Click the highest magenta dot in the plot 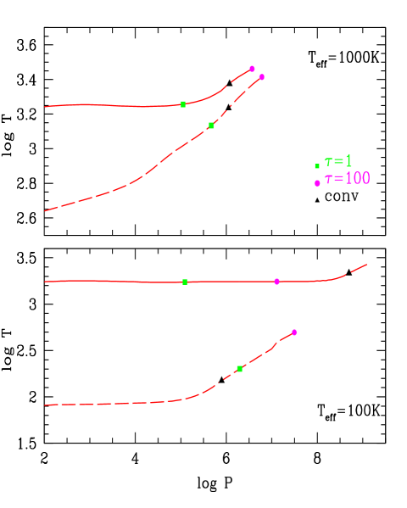coord(252,69)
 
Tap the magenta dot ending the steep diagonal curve coord(261,77)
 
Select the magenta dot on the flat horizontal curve coord(276,282)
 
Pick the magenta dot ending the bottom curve coord(294,332)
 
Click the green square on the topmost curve coord(183,104)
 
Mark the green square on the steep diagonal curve coord(211,126)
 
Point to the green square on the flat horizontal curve coord(185,282)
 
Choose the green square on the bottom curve coord(239,369)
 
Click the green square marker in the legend coord(317,166)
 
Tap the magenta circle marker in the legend coord(317,183)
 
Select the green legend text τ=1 coord(338,161)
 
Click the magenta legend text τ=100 coord(347,179)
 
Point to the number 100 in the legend coord(357,179)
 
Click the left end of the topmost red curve coord(45,107)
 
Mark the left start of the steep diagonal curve coord(45,210)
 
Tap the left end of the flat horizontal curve coord(45,282)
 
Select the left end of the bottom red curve coord(45,405)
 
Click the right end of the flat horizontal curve coord(366,265)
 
